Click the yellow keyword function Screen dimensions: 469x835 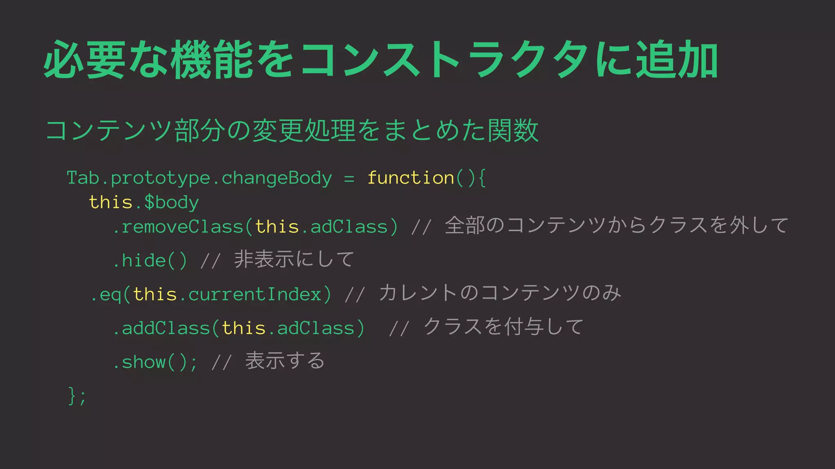[x=411, y=178]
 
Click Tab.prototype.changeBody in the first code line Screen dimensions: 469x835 [x=199, y=178]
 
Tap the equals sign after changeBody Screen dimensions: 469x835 [x=349, y=178]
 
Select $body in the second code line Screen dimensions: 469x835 [x=171, y=202]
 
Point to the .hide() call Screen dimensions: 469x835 [x=150, y=261]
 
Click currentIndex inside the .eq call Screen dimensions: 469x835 [x=255, y=294]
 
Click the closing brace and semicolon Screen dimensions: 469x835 [x=77, y=396]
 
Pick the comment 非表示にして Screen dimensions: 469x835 [x=294, y=259]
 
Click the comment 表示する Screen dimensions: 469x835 [x=285, y=361]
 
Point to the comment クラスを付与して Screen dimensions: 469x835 [x=504, y=327]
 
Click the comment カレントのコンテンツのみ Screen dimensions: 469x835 [x=500, y=293]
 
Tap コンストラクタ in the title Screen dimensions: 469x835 [x=444, y=60]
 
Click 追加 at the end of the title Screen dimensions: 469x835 [x=677, y=60]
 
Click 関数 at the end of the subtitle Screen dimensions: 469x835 [x=513, y=131]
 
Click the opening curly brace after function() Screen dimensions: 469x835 [x=482, y=178]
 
